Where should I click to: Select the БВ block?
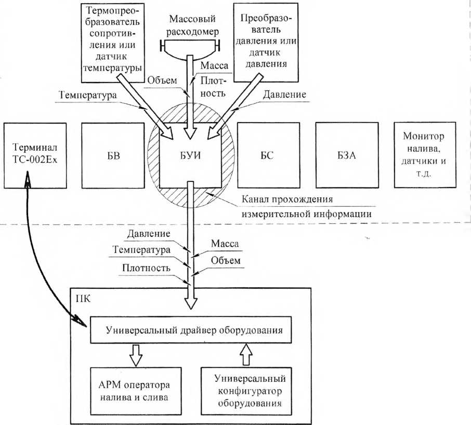pyautogui.click(x=113, y=155)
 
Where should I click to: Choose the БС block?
pyautogui.click(x=269, y=155)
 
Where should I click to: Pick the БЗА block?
pyautogui.click(x=347, y=155)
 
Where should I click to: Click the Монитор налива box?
pyautogui.click(x=425, y=155)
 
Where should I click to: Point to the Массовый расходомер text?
pyautogui.click(x=192, y=25)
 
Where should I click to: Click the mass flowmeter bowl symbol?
pyautogui.click(x=190, y=50)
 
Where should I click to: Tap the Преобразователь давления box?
pyautogui.click(x=266, y=42)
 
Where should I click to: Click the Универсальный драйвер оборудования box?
pyautogui.click(x=191, y=329)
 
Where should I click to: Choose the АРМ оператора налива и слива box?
pyautogui.click(x=136, y=391)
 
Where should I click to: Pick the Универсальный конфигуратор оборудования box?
pyautogui.click(x=246, y=391)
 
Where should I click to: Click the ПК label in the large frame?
pyautogui.click(x=83, y=299)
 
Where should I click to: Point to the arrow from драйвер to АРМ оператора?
pyautogui.click(x=136, y=355)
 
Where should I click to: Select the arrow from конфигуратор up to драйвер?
pyautogui.click(x=246, y=354)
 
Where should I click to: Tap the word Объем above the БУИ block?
pyautogui.click(x=162, y=81)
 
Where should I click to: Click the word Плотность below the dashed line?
pyautogui.click(x=146, y=268)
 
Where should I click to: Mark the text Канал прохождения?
pyautogui.click(x=287, y=200)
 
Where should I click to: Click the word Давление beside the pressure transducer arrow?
pyautogui.click(x=284, y=95)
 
